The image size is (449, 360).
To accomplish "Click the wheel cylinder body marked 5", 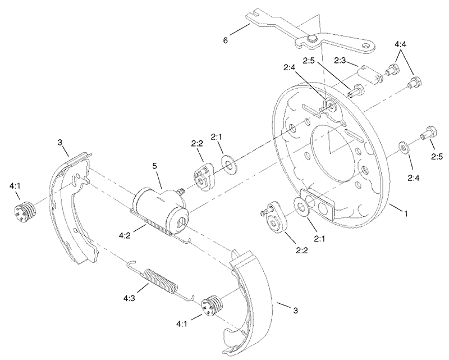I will click(160, 206).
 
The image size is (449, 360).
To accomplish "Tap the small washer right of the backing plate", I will click(403, 148).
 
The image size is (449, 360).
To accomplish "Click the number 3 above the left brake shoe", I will click(59, 143).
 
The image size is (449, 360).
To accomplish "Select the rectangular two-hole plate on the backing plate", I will click(318, 203).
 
